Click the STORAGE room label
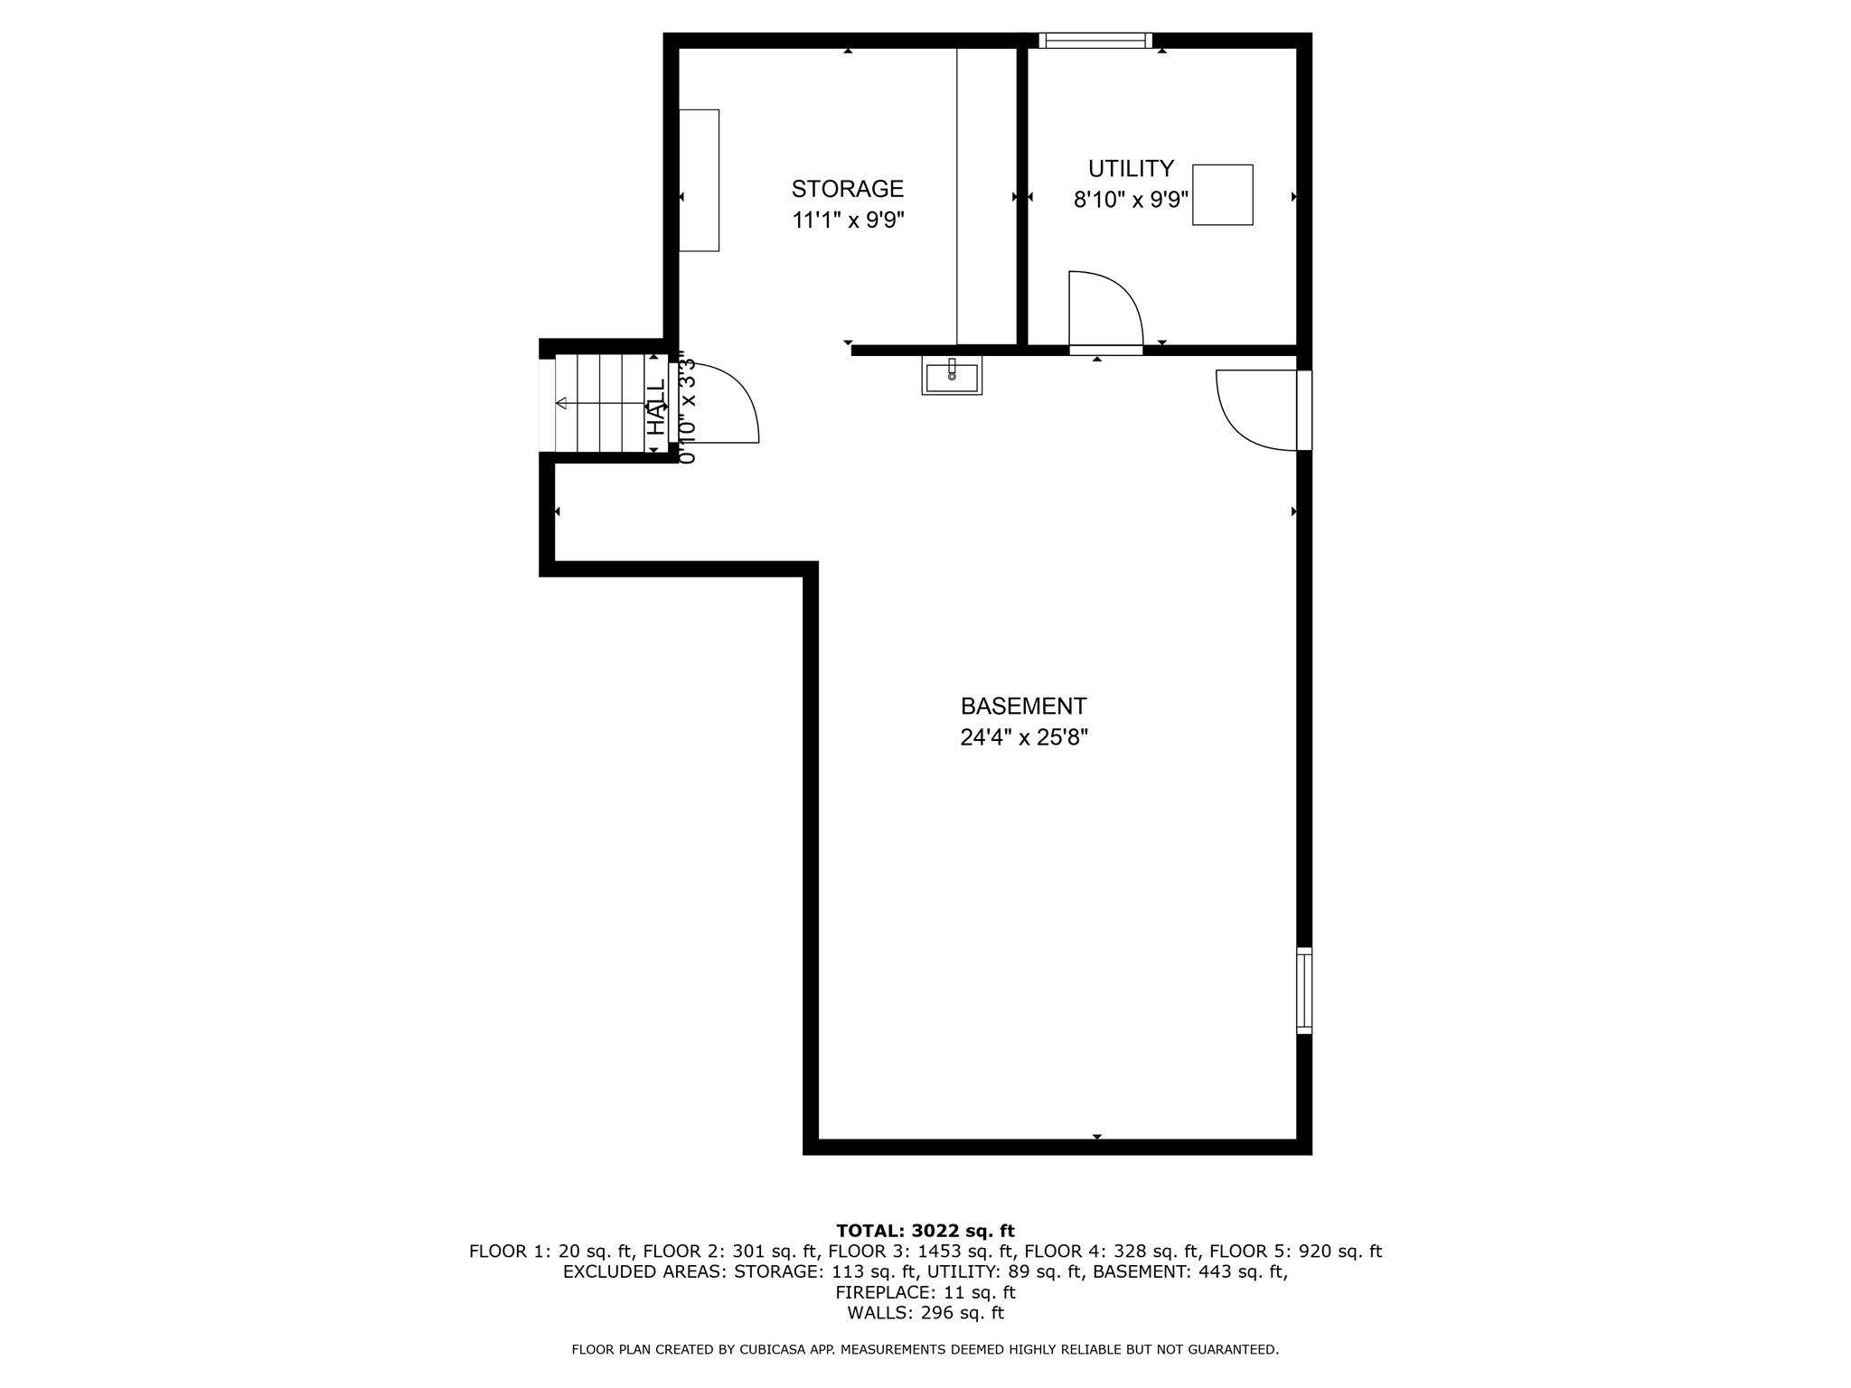tap(847, 189)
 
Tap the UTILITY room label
tap(1130, 169)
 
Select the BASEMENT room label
tap(1023, 707)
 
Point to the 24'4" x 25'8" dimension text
tap(1023, 738)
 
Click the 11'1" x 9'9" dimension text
tap(848, 220)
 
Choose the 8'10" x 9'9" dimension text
tap(1130, 200)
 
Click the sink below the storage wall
tap(952, 375)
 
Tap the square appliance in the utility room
tap(1222, 194)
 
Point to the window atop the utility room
tap(1095, 40)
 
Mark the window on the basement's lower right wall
tap(1303, 989)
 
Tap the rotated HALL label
tap(656, 407)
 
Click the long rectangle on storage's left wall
tap(699, 181)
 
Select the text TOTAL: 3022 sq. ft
tap(925, 1231)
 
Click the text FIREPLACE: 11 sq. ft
tap(925, 1292)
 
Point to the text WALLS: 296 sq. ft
tap(925, 1313)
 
